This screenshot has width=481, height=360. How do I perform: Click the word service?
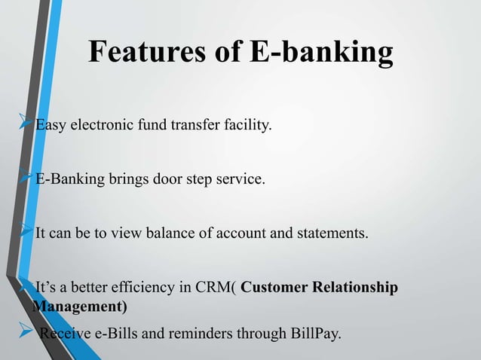[240, 181]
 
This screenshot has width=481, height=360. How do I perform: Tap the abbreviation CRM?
[219, 289]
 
